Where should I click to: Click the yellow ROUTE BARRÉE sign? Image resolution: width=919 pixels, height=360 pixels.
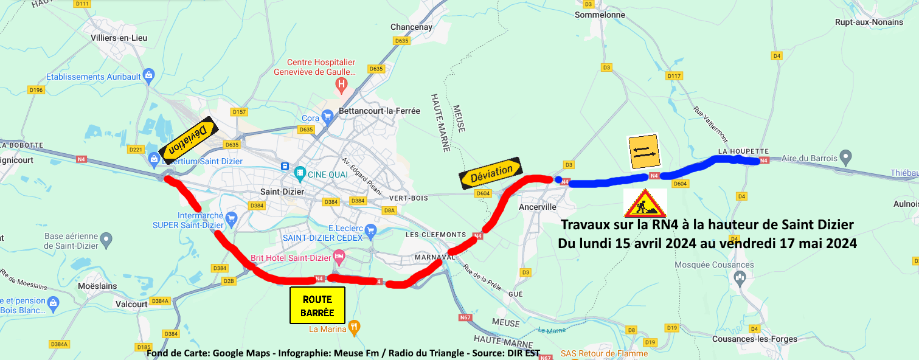[317, 305]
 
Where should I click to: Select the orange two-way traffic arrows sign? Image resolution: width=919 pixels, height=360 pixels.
[644, 152]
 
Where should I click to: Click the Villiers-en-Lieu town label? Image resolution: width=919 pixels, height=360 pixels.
[119, 38]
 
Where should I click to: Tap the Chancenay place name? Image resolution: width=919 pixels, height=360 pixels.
[411, 27]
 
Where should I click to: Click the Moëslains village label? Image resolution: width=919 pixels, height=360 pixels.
[97, 285]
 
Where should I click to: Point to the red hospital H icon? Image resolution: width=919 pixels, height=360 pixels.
[342, 83]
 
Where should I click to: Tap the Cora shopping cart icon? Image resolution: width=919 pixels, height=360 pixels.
[328, 116]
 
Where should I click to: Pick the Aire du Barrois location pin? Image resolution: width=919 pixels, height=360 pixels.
[845, 157]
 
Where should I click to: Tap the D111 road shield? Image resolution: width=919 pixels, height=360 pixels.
[82, 4]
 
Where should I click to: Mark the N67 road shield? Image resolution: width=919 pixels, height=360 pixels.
[465, 317]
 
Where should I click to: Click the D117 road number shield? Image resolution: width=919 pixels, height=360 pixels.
[674, 76]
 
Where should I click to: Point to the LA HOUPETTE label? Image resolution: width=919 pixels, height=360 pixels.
[743, 151]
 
